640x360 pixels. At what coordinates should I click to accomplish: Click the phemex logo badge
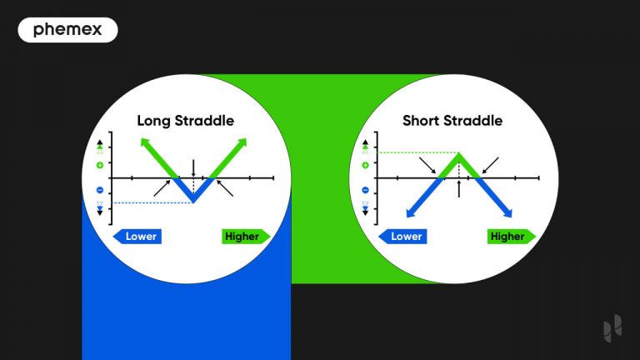(x=67, y=30)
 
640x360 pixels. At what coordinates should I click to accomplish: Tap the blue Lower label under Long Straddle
(x=138, y=236)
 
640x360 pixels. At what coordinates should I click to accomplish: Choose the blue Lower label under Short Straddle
(x=403, y=236)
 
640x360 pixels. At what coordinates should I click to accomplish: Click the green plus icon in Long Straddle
(x=100, y=165)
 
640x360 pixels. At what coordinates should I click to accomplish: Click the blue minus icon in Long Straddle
(x=100, y=190)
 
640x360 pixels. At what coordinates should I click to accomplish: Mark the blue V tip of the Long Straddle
(x=193, y=201)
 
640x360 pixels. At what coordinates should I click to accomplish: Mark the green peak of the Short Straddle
(x=459, y=154)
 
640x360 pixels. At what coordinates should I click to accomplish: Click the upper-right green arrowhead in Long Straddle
(x=245, y=141)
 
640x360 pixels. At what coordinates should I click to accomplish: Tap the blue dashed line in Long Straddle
(x=150, y=202)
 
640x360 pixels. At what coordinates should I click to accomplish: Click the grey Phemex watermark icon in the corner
(x=612, y=330)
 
